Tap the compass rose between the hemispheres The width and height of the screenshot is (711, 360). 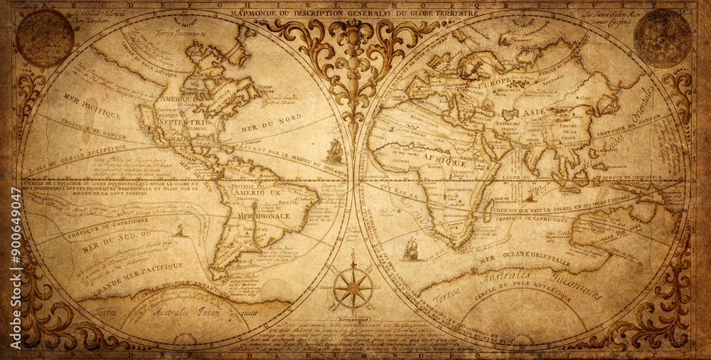pos(353,287)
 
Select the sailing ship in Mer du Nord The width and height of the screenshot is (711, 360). pos(334,151)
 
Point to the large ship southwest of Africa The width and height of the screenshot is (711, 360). pos(411,249)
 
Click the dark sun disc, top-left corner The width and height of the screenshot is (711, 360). pos(45,38)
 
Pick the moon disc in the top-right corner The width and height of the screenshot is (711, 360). pos(663,38)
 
